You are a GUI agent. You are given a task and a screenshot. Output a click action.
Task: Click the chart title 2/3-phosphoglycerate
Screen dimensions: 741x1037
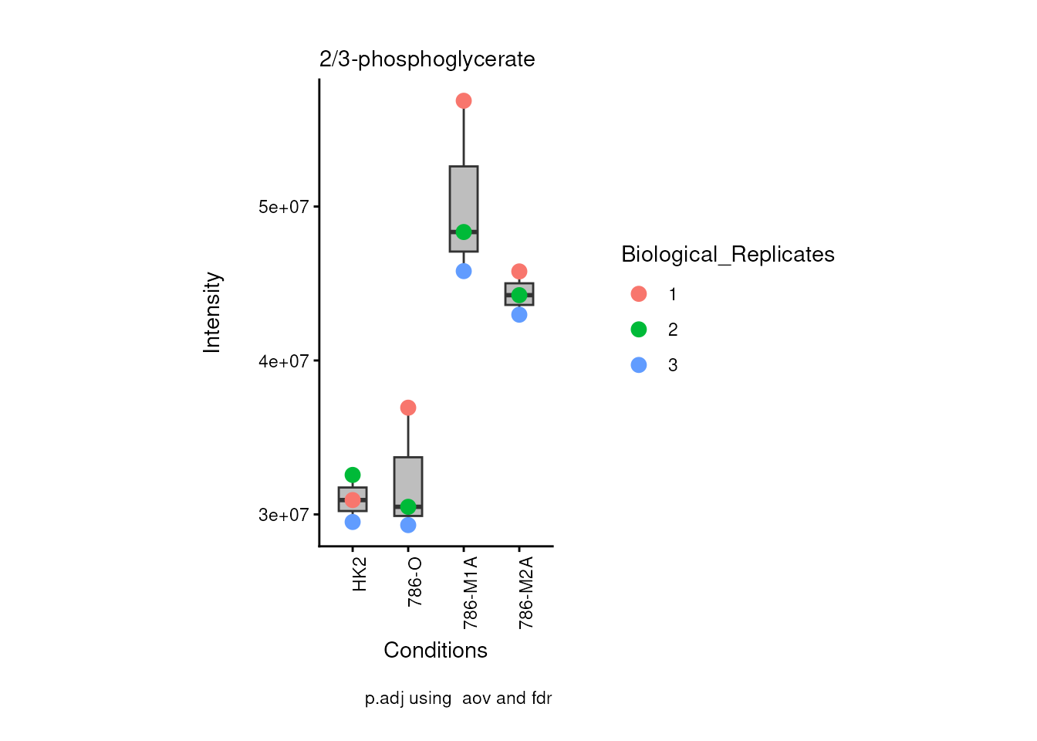pos(427,59)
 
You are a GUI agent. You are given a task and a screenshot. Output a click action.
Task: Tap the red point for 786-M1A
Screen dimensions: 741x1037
pos(464,101)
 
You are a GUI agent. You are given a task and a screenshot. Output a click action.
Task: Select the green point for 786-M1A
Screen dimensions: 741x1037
pos(464,232)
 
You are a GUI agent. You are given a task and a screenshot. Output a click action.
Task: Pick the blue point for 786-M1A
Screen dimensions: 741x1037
pos(464,272)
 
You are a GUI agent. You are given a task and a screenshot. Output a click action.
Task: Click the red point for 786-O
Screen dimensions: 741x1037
pos(408,408)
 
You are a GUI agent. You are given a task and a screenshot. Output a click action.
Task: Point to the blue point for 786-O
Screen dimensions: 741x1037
pos(408,526)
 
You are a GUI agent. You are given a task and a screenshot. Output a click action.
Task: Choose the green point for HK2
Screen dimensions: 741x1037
pos(353,475)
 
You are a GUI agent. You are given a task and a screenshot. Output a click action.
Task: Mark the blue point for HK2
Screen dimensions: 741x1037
pos(353,523)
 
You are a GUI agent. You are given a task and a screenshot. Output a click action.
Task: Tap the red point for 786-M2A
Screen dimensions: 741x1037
pos(519,272)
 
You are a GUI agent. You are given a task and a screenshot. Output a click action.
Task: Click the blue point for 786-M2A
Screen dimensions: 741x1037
pos(519,315)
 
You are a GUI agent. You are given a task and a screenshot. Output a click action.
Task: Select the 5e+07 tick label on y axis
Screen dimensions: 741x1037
pos(283,207)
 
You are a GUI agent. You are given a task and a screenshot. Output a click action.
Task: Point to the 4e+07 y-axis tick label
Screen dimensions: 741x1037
pos(283,361)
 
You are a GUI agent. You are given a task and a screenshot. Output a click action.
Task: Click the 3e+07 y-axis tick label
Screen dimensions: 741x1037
pos(283,515)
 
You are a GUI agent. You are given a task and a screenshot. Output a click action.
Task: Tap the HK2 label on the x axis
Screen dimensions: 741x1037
pos(360,575)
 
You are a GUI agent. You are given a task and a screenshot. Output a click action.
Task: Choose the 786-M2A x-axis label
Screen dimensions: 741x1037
pos(526,592)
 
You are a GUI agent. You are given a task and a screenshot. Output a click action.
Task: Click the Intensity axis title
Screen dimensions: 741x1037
pos(212,313)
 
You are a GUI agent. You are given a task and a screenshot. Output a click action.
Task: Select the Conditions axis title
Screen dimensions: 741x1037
pos(435,651)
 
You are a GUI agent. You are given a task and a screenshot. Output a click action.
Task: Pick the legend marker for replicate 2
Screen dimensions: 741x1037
pos(639,330)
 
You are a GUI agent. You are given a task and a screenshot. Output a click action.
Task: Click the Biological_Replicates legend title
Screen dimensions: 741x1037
pos(728,255)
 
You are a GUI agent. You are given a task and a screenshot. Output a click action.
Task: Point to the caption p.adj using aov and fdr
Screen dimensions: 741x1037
pos(458,699)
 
